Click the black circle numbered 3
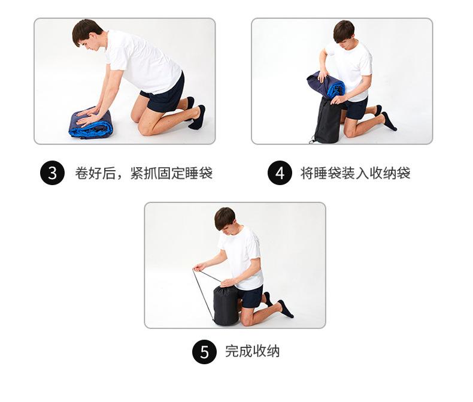(x=52, y=174)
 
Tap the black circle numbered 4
(x=279, y=174)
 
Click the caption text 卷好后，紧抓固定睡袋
(x=143, y=174)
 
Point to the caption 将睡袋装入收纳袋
(x=355, y=174)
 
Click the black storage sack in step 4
(x=328, y=123)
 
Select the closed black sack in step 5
(x=226, y=306)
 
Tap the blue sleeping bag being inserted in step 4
(x=325, y=85)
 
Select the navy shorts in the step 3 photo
(x=165, y=95)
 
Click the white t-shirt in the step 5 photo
(x=242, y=255)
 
